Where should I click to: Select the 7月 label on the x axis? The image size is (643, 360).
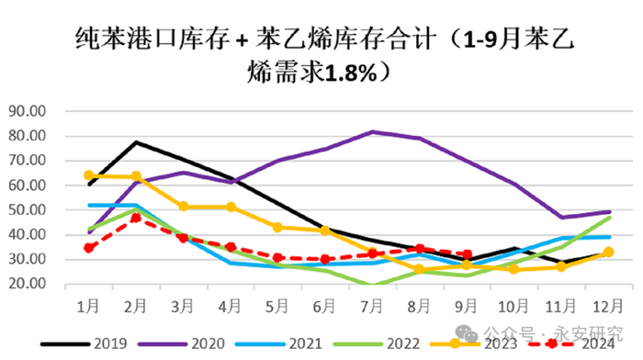click(373, 303)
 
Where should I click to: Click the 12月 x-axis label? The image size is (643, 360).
click(608, 303)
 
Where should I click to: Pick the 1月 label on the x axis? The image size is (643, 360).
click(89, 303)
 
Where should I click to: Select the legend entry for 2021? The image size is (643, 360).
click(299, 343)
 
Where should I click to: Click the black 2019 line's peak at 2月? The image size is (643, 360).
click(136, 142)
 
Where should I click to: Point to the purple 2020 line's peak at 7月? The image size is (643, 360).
click(373, 131)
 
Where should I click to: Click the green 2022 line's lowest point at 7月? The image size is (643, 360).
click(373, 286)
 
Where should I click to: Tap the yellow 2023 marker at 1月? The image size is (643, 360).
click(89, 174)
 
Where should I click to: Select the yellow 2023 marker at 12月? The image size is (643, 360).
click(608, 252)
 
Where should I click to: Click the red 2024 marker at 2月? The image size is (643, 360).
click(136, 217)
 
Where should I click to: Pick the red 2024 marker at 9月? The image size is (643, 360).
click(468, 254)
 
